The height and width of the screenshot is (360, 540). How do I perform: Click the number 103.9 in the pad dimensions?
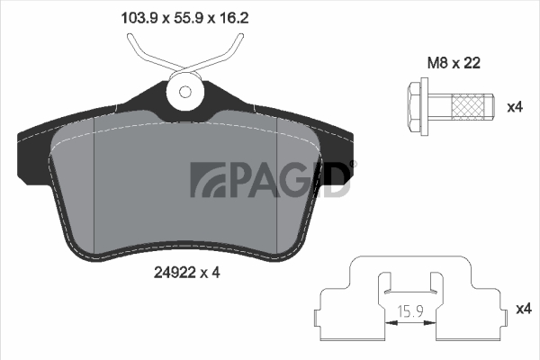[x=139, y=18]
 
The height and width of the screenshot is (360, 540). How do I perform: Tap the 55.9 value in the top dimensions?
[x=189, y=18]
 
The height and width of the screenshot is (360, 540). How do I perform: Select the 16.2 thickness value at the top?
[x=233, y=18]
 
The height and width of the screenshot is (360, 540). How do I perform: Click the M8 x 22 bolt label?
[x=454, y=63]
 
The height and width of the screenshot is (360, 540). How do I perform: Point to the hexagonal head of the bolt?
[x=414, y=107]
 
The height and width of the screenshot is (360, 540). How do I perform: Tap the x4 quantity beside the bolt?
[x=515, y=107]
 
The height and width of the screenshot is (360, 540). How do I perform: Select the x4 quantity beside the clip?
[x=524, y=309]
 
